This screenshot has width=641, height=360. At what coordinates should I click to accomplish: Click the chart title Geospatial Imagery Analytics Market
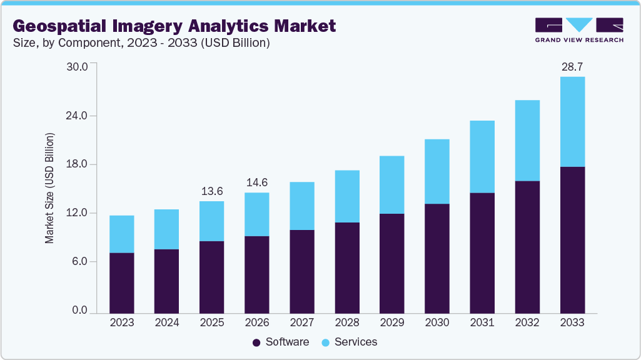[x=174, y=26]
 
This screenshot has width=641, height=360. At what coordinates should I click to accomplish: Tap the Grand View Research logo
[x=579, y=29]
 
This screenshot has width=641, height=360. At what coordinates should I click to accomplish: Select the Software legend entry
[x=281, y=342]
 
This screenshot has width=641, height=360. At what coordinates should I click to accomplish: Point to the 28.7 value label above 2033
[x=572, y=66]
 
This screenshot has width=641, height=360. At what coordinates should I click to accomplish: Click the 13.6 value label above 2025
[x=211, y=191]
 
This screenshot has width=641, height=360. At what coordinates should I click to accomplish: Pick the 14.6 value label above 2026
[x=256, y=182]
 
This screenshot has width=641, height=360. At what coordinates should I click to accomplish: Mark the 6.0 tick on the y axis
[x=79, y=262]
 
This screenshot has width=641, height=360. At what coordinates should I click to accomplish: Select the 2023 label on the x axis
[x=121, y=322]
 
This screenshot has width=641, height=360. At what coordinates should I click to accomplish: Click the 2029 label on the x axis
[x=391, y=322]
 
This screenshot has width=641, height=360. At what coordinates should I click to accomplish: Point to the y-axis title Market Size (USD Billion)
[x=49, y=188]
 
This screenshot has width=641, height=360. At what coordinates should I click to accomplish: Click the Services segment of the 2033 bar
[x=572, y=122]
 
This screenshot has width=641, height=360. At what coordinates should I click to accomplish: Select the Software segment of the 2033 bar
[x=572, y=240]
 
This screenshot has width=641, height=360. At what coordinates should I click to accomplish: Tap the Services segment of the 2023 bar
[x=121, y=234]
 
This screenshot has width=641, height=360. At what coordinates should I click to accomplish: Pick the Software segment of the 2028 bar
[x=346, y=267]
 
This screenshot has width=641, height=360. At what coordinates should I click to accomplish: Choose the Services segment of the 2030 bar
[x=437, y=171]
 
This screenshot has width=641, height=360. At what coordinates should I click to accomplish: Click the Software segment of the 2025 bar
[x=211, y=277]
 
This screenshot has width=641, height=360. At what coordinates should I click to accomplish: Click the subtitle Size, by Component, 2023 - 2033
[x=141, y=43]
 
